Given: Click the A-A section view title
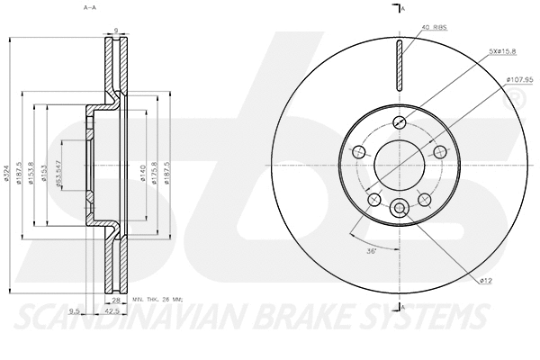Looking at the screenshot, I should (89, 7).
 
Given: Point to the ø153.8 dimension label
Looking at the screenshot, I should (32, 166).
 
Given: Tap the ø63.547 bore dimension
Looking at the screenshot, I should (58, 166).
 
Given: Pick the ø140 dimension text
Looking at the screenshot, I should (141, 166).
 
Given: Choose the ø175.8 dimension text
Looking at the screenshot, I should (154, 166).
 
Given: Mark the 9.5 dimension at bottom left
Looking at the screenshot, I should (75, 312).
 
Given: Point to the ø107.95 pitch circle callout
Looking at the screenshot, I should (519, 79).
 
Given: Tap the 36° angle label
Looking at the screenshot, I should (370, 251).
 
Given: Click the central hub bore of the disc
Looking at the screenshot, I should (400, 166).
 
